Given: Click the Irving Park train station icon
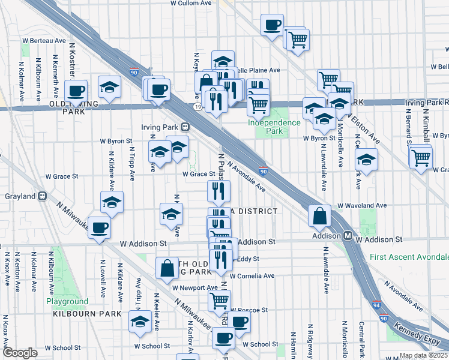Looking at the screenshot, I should (186, 127).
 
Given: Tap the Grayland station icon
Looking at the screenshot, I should (43, 196).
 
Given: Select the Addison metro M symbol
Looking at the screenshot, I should (348, 236).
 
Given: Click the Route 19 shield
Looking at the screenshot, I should (197, 107).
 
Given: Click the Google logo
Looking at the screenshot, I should (20, 353).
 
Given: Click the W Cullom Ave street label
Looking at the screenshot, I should (191, 3).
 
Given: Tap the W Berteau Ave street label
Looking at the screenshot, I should (44, 40).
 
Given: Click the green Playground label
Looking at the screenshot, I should (67, 301).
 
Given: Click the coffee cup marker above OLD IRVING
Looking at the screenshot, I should (76, 91).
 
